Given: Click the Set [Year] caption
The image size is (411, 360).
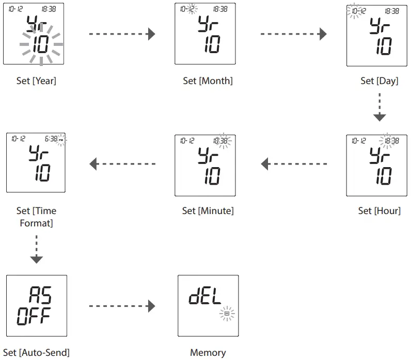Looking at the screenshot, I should tap(36, 80).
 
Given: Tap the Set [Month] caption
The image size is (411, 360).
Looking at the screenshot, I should tap(208, 80).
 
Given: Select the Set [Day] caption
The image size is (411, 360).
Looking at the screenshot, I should tap(379, 81).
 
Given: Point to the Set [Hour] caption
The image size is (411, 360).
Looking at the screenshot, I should tap(379, 210).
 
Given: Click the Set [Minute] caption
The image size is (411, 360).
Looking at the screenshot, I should tap(208, 210).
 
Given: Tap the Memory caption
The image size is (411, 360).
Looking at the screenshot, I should tap(208, 352).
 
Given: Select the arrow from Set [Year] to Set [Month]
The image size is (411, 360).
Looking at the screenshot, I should tap(122, 35).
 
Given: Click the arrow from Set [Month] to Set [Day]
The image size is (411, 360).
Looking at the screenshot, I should tap(293, 35).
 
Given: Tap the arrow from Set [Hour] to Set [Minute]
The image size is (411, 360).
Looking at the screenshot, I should tap(293, 165).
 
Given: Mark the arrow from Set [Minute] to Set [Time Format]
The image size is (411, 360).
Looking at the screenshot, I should tap(122, 165).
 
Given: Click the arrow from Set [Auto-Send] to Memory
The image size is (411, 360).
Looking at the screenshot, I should tap(122, 306).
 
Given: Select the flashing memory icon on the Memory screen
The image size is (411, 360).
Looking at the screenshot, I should tap(226, 313).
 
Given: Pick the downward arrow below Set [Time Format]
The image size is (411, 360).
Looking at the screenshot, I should tap(36, 249).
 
